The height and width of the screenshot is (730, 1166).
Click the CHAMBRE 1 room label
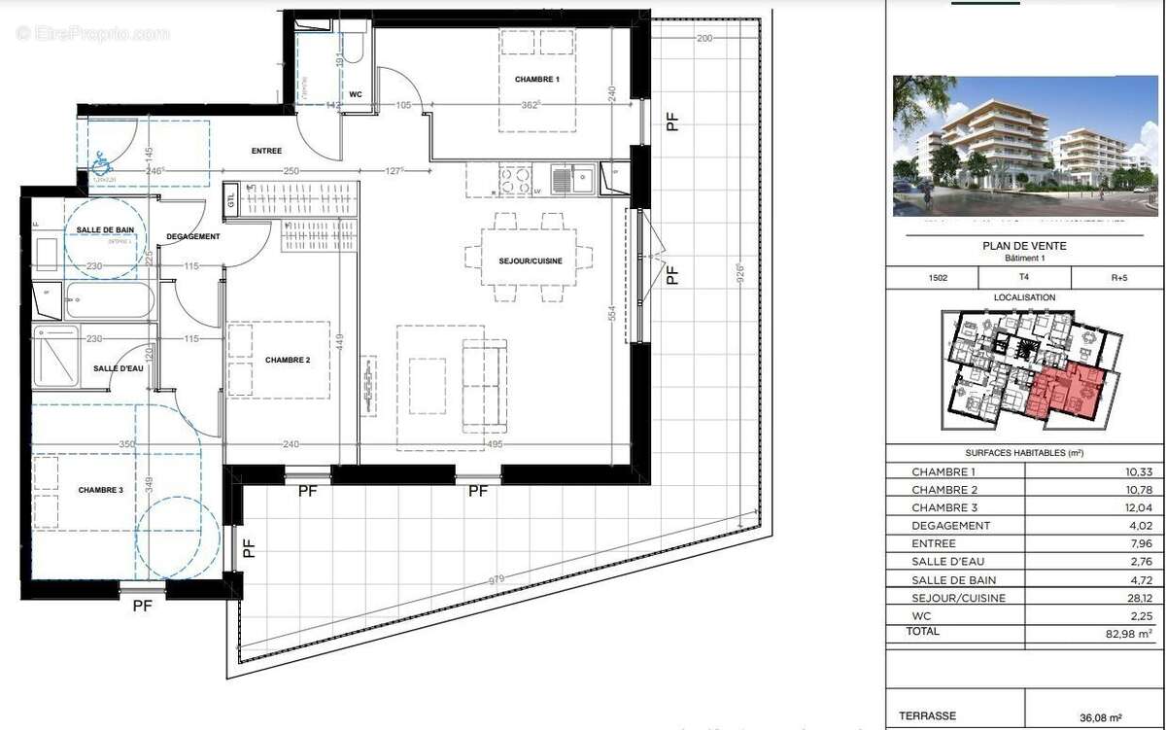pyautogui.click(x=537, y=79)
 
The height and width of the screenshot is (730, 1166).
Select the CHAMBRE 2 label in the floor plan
pyautogui.click(x=288, y=360)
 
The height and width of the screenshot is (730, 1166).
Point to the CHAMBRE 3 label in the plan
pyautogui.click(x=101, y=490)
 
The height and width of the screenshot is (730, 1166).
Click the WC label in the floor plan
pyautogui.click(x=355, y=94)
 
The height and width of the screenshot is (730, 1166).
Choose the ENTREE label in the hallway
pyautogui.click(x=266, y=151)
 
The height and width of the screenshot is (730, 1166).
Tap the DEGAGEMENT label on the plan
pyautogui.click(x=193, y=236)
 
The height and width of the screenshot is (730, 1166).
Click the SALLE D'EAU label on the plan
pyautogui.click(x=119, y=368)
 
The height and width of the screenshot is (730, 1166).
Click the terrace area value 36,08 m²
pyautogui.click(x=1127, y=716)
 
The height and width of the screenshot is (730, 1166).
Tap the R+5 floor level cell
pyautogui.click(x=1118, y=277)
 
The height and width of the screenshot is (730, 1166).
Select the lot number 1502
pyautogui.click(x=938, y=277)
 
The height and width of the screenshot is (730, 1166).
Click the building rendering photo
pyautogui.click(x=1025, y=146)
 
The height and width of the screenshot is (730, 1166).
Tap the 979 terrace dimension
pyautogui.click(x=497, y=580)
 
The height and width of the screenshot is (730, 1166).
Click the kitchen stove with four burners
pyautogui.click(x=515, y=180)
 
